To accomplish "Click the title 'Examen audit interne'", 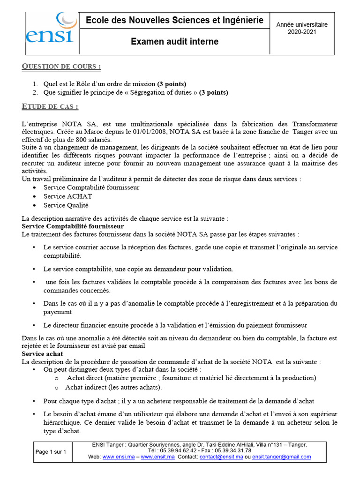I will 174,42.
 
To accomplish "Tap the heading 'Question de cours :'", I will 61,67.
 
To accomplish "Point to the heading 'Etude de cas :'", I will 50,107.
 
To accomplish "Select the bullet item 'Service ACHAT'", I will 67,196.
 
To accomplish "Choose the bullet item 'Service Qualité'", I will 66,205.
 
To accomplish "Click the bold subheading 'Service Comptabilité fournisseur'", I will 73,226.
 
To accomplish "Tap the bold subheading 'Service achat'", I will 43,354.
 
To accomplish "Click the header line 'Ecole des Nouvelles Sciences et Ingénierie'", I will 174,21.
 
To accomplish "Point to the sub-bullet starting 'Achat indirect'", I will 113,387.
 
